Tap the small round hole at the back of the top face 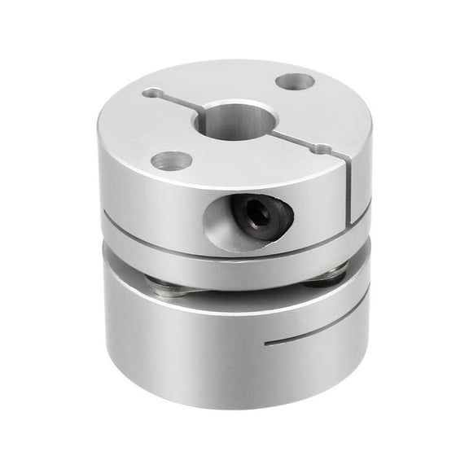295,81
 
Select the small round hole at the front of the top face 172,160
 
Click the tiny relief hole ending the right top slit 322,149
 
